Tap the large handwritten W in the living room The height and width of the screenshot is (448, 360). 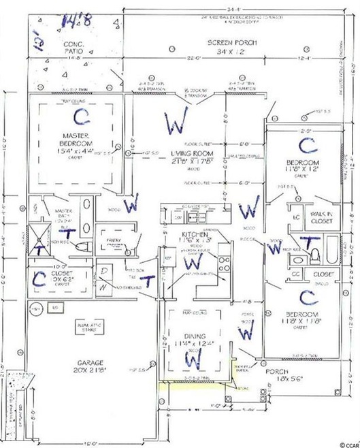pos(176,123)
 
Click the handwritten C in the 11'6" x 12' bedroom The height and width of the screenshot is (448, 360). pos(307,144)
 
